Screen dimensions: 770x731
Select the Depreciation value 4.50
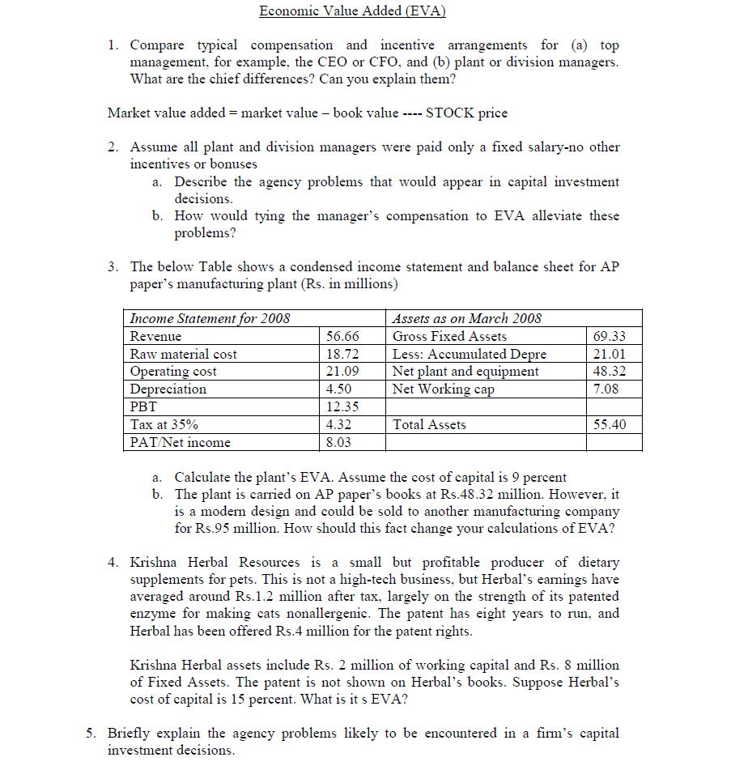(x=339, y=389)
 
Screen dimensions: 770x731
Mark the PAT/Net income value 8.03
(x=339, y=442)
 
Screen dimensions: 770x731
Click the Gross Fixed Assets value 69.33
(x=610, y=336)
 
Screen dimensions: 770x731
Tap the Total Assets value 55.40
(x=610, y=424)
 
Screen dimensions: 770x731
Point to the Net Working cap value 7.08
(x=606, y=389)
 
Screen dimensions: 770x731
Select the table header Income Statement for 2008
(x=210, y=318)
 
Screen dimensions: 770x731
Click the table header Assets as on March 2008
(x=467, y=318)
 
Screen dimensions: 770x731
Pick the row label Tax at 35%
(x=164, y=424)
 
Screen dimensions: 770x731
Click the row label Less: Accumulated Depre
(x=470, y=354)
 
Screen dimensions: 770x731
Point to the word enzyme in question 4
(x=154, y=613)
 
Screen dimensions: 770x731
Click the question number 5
(x=91, y=733)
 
